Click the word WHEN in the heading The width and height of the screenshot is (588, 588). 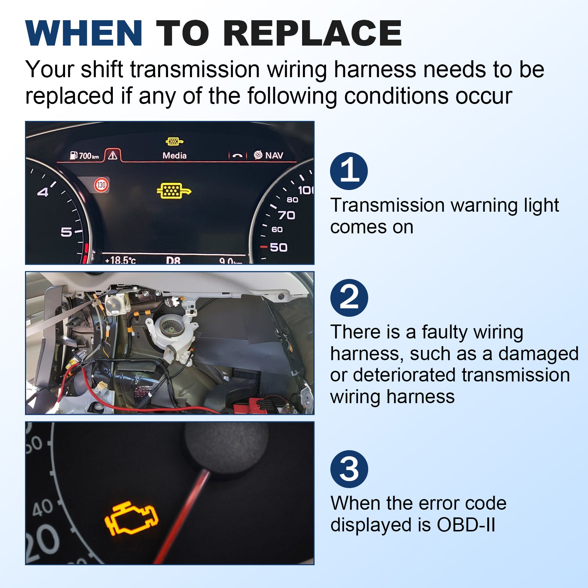[x=84, y=33]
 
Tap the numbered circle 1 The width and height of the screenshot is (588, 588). [x=349, y=171]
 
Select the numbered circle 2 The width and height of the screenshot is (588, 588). [x=349, y=298]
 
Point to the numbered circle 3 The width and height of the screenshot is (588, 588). [x=349, y=469]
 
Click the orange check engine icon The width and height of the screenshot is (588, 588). [x=131, y=518]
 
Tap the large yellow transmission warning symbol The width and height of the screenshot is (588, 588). [x=174, y=191]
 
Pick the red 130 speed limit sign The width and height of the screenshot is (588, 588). [x=101, y=185]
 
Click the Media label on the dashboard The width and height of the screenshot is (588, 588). [x=175, y=155]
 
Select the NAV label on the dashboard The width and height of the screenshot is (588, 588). [x=274, y=155]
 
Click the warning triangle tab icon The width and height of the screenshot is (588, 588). [x=113, y=155]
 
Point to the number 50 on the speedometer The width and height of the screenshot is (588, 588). [x=279, y=247]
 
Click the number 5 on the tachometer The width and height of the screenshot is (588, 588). [x=66, y=232]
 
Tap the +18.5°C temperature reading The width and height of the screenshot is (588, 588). [x=120, y=260]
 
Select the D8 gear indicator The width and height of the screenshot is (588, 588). [x=173, y=260]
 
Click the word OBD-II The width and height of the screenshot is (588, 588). [x=466, y=524]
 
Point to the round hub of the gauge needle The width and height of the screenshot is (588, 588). [x=226, y=447]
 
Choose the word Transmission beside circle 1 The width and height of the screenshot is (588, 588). [x=387, y=205]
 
